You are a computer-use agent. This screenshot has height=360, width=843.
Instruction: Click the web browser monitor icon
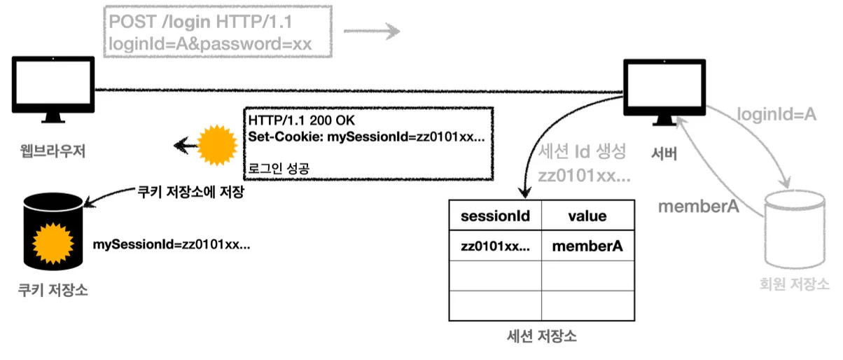pyautogui.click(x=53, y=89)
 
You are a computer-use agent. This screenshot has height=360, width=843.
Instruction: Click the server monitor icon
pyautogui.click(x=664, y=92)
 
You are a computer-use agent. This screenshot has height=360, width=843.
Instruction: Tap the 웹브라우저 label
pyautogui.click(x=53, y=151)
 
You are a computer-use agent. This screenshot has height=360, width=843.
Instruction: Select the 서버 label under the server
pyautogui.click(x=664, y=153)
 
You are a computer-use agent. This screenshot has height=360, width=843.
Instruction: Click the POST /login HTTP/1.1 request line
pyautogui.click(x=200, y=22)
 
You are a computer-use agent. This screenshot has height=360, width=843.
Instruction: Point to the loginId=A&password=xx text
pyautogui.click(x=210, y=44)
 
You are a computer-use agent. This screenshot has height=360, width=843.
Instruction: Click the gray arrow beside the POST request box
pyautogui.click(x=372, y=31)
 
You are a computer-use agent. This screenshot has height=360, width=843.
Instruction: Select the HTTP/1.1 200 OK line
pyautogui.click(x=302, y=120)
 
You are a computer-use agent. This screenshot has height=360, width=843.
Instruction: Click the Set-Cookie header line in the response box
pyautogui.click(x=367, y=137)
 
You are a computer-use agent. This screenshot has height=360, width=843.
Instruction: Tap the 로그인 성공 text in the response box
pyautogui.click(x=279, y=168)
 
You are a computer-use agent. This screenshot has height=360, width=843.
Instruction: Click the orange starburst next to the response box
pyautogui.click(x=217, y=146)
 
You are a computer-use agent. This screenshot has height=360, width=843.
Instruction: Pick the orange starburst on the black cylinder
pyautogui.click(x=53, y=243)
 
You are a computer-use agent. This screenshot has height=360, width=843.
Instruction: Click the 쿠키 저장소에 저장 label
pyautogui.click(x=191, y=192)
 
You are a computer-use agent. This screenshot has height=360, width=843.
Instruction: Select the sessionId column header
pyautogui.click(x=495, y=216)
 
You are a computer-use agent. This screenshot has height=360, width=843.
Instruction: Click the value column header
pyautogui.click(x=587, y=216)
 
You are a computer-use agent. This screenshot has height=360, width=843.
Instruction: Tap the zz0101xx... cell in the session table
pyautogui.click(x=495, y=246)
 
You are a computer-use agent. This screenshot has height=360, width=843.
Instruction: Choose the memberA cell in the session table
pyautogui.click(x=587, y=246)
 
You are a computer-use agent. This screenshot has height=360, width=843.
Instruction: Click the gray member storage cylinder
pyautogui.click(x=795, y=229)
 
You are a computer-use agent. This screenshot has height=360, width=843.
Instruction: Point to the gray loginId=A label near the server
pyautogui.click(x=776, y=114)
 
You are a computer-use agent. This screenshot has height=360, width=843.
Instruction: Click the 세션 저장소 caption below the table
pyautogui.click(x=541, y=336)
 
